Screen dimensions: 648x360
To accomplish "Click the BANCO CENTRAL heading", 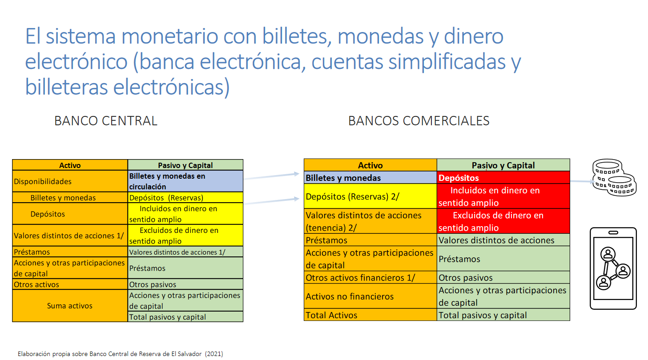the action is click(x=106, y=121).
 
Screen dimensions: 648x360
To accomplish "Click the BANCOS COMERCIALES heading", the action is click(x=419, y=121).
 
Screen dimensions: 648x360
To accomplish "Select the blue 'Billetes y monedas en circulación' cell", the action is click(x=185, y=181).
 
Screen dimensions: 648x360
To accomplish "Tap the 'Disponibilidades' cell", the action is click(x=70, y=181).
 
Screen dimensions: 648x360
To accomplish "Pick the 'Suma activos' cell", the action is click(x=70, y=306).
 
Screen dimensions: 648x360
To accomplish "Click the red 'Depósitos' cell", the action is click(x=503, y=177).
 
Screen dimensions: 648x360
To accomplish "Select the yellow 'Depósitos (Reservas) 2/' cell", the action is click(x=370, y=196).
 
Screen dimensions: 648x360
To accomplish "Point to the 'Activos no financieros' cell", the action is click(x=370, y=296).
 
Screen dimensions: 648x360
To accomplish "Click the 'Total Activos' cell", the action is click(x=370, y=315).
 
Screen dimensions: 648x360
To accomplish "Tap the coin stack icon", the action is click(x=614, y=177).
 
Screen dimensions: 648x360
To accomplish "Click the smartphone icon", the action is click(x=613, y=268).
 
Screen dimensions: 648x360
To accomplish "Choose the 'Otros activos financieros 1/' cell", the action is click(x=370, y=278).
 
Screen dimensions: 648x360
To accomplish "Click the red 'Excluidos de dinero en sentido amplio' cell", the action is click(x=503, y=221).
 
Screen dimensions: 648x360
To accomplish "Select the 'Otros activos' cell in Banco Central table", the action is click(x=70, y=284).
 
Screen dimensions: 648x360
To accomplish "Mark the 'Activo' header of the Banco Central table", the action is click(x=70, y=165).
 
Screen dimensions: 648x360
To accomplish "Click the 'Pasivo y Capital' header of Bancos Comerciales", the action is click(x=503, y=165).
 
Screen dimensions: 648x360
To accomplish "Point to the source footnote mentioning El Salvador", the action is click(x=121, y=354).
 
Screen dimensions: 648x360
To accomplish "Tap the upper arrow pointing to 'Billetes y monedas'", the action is click(x=271, y=176).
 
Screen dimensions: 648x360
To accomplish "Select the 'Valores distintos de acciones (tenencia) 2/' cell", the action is click(x=370, y=221).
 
